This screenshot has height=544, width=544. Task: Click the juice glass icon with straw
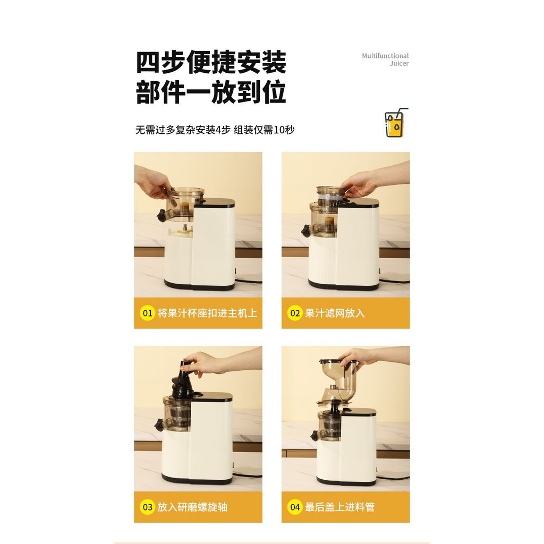click(x=396, y=123)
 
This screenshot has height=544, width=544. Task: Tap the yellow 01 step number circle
click(x=147, y=313)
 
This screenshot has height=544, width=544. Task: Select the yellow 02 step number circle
click(x=294, y=313)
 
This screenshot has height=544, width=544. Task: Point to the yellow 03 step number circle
click(x=147, y=507)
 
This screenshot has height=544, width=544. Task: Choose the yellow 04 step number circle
click(x=294, y=507)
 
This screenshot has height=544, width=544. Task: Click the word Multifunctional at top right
click(x=385, y=56)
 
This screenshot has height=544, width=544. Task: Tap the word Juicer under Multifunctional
click(x=399, y=64)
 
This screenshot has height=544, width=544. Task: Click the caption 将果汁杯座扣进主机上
click(x=208, y=313)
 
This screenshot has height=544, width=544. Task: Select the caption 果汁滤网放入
click(x=335, y=313)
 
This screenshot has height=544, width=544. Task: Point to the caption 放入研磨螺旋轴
click(x=192, y=507)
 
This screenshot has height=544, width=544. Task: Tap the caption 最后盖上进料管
click(x=340, y=507)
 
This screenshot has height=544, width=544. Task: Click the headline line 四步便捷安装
click(x=211, y=63)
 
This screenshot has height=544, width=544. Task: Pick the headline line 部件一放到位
click(x=211, y=92)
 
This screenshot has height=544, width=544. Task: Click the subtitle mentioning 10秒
click(x=215, y=130)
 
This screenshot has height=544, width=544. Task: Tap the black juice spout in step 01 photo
click(x=161, y=216)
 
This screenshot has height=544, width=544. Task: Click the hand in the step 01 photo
click(x=152, y=183)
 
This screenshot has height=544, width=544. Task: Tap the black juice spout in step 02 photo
click(x=305, y=231)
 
